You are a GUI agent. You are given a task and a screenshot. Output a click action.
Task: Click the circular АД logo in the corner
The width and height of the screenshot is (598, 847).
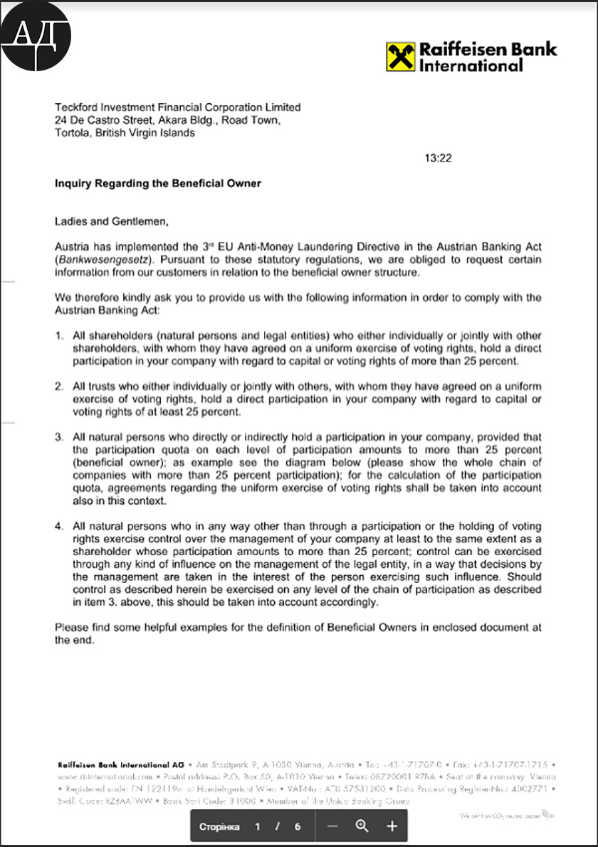click(36, 36)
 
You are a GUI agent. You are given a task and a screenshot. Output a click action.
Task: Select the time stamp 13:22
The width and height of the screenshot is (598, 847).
click(439, 158)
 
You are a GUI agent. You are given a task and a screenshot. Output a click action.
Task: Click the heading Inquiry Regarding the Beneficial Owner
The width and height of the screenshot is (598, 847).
click(158, 184)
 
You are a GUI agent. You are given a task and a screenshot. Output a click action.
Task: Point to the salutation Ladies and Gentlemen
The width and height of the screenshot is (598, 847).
click(112, 221)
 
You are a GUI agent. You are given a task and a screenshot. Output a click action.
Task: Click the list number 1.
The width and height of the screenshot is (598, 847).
click(60, 335)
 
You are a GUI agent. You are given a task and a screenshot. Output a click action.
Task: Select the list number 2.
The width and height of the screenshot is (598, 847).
click(60, 386)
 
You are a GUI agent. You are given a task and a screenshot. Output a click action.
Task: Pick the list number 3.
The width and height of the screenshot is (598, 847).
click(60, 436)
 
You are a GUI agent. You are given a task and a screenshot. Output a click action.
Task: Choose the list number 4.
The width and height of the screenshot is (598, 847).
click(60, 526)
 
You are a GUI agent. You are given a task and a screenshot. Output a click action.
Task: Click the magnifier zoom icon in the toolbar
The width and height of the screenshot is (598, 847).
click(362, 826)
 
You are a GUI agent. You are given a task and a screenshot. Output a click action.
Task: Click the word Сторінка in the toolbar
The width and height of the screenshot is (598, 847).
click(219, 827)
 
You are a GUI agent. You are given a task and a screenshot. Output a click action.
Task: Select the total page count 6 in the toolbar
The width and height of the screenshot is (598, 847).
click(298, 827)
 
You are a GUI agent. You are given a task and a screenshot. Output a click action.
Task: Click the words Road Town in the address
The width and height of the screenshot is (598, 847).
click(251, 120)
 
